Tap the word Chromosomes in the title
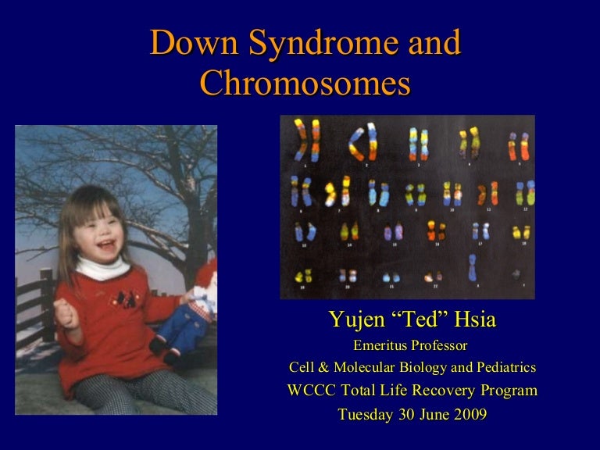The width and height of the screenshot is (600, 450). coord(305,84)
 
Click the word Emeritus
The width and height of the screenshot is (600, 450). coord(380,345)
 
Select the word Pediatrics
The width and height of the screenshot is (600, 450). coord(502,367)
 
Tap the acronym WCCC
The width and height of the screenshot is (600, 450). coord(311,391)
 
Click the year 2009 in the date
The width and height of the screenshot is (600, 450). coord(468,414)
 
